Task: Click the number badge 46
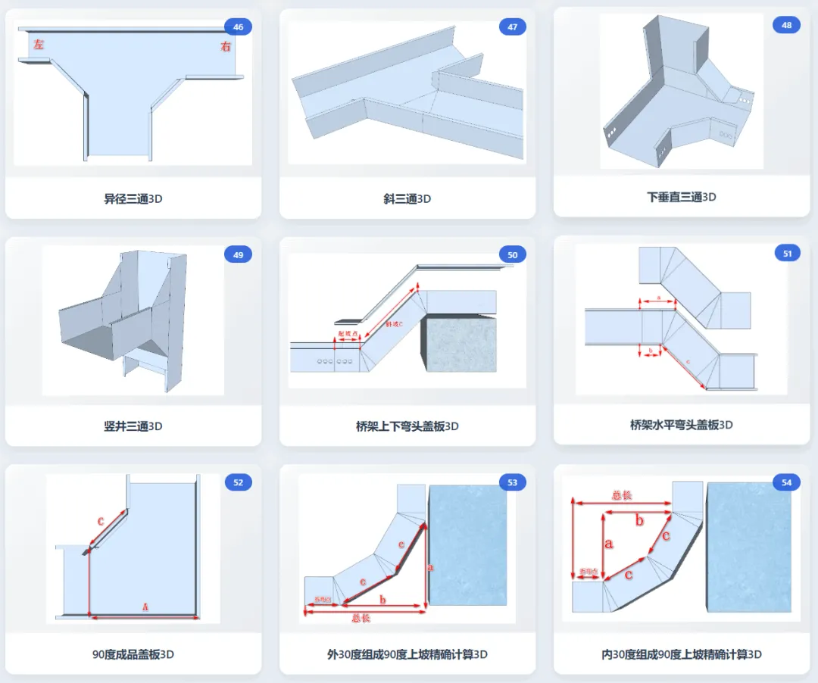tap(238, 27)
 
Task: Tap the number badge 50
tap(512, 255)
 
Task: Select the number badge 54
tap(786, 482)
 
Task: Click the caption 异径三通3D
tap(133, 199)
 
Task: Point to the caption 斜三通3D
tap(407, 199)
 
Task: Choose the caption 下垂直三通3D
tap(682, 197)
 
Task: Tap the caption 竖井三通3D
tap(133, 426)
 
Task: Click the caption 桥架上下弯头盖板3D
tap(407, 426)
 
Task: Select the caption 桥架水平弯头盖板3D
tap(682, 425)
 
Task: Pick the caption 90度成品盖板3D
tap(133, 653)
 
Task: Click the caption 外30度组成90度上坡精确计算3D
tap(407, 653)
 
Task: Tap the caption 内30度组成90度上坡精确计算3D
tap(682, 653)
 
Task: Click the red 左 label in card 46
tap(39, 45)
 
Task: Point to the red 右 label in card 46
tap(225, 46)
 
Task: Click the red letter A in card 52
tap(145, 607)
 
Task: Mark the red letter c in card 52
tap(101, 521)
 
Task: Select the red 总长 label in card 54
tap(622, 495)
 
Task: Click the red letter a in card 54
tap(608, 543)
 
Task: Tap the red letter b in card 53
tap(382, 600)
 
